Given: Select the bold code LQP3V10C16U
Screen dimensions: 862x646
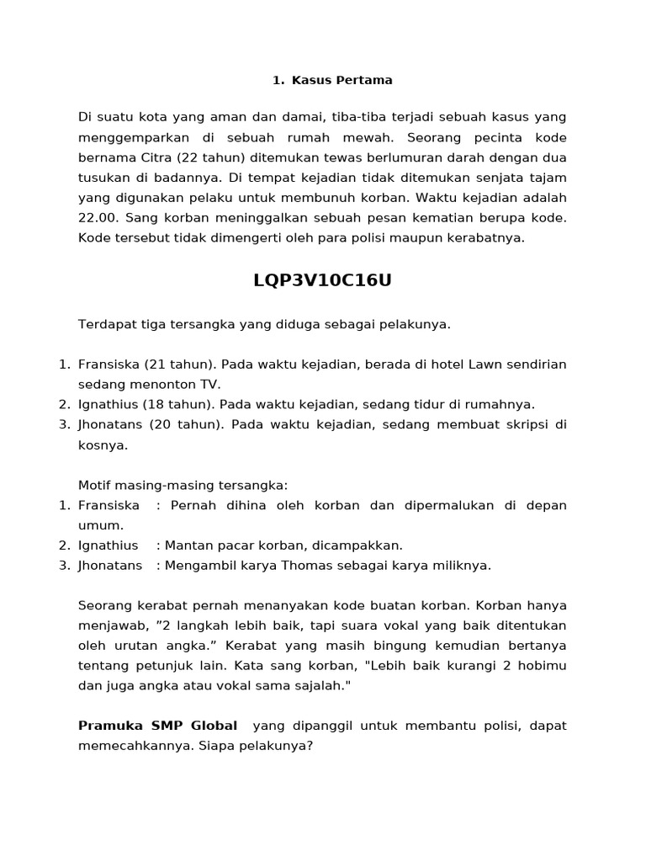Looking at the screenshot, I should pos(322,281).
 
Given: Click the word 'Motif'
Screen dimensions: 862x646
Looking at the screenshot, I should pos(96,486).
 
